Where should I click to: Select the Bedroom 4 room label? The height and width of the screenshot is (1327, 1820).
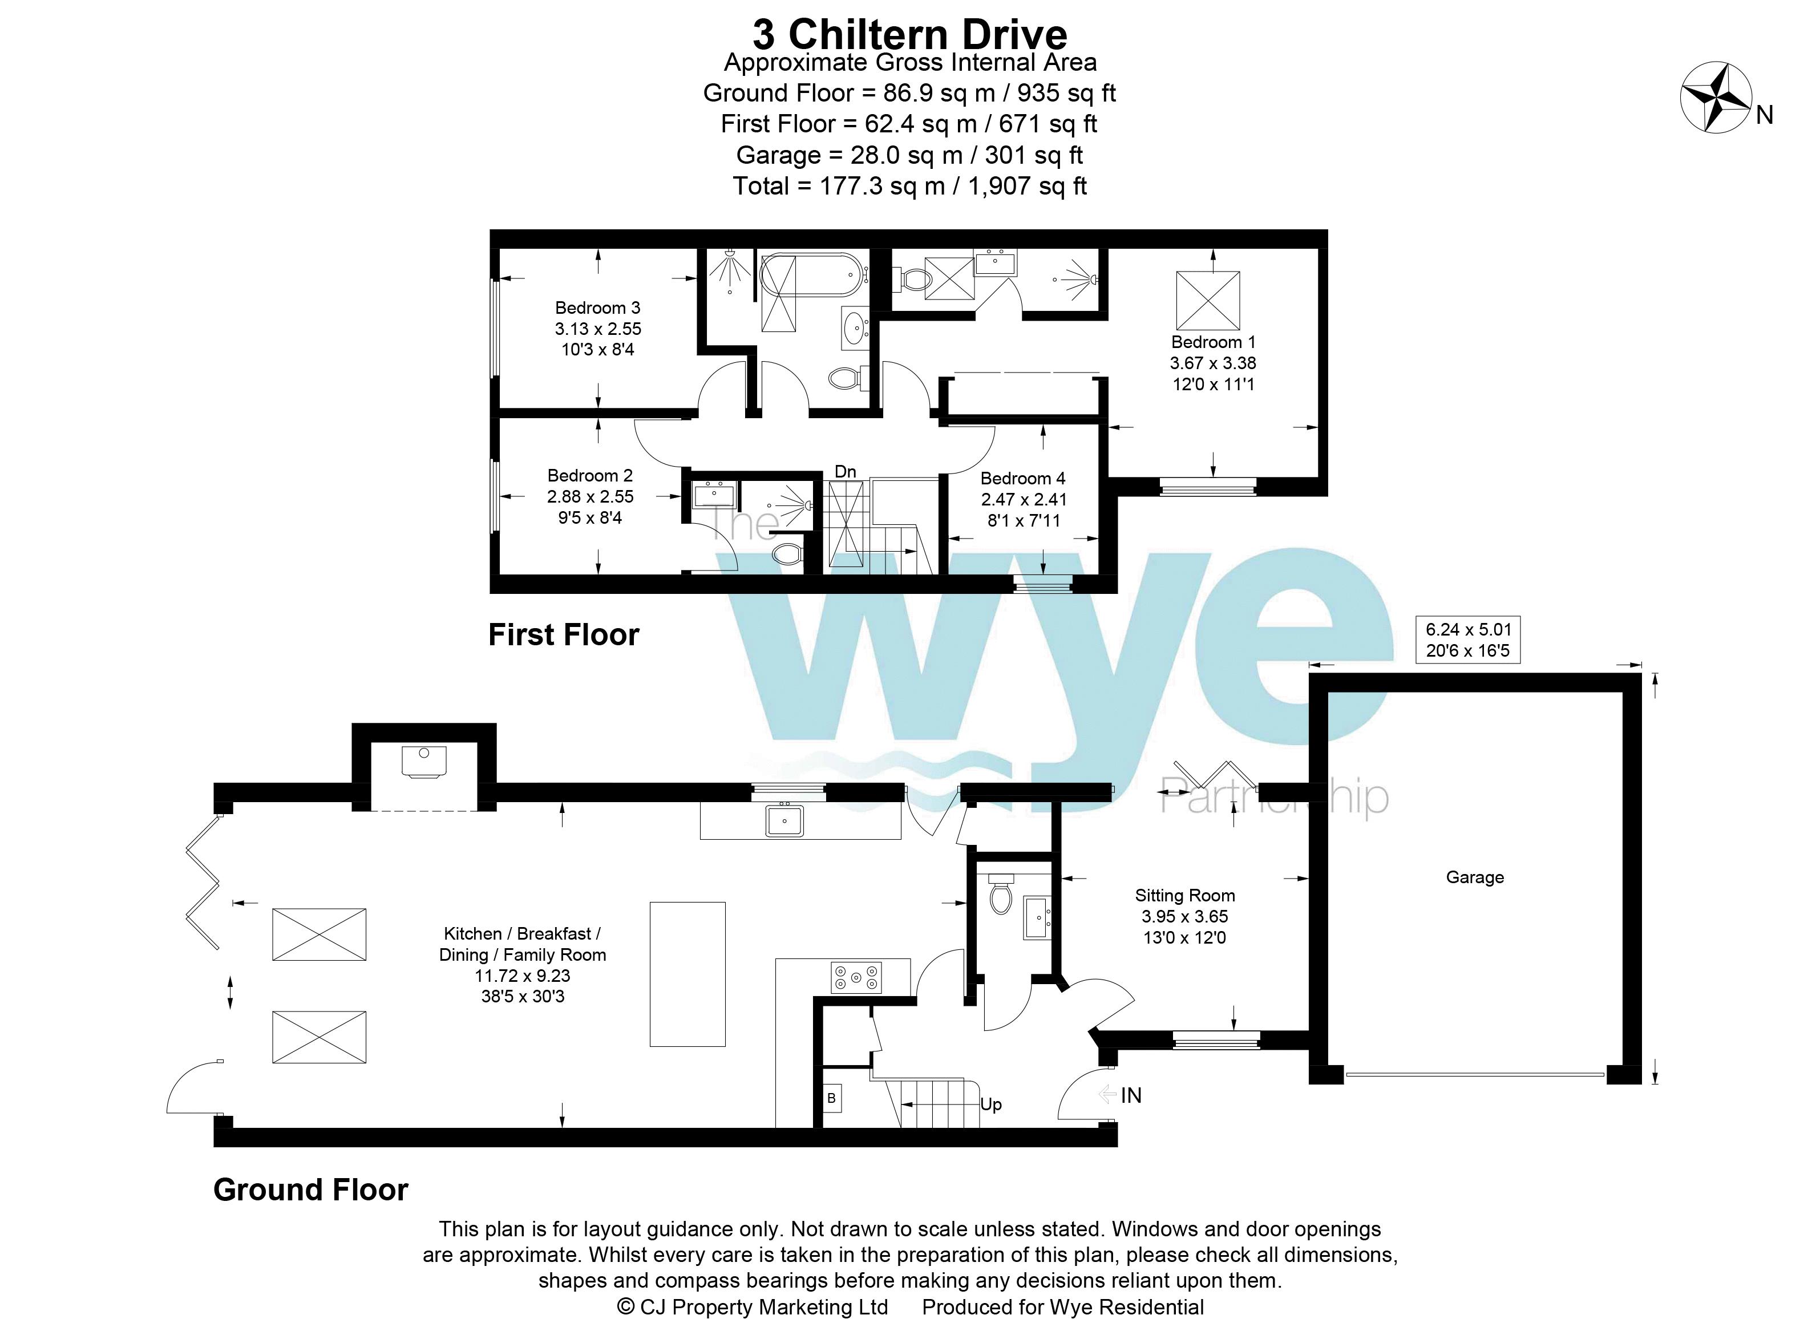coord(1022,479)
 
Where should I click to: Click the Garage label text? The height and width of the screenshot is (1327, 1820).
coord(1475,878)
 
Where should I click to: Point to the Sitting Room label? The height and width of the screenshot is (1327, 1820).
coord(1184,896)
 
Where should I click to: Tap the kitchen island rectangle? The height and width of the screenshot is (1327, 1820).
coord(687,973)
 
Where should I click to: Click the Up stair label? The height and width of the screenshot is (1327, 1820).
coord(990,1105)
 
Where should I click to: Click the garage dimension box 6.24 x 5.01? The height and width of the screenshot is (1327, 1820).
coord(1468,640)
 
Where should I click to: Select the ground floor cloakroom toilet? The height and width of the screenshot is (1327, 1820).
coord(1001,897)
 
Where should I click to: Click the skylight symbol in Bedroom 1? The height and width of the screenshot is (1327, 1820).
coord(1207,301)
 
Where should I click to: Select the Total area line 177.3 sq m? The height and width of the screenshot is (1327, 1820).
coord(909,187)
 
